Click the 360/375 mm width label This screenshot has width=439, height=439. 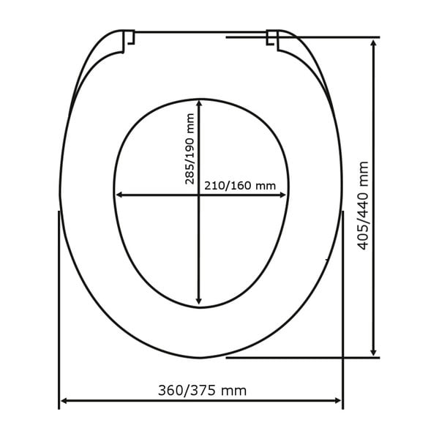(x=202, y=391)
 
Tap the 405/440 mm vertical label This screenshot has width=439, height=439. (x=363, y=206)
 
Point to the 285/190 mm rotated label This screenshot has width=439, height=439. (x=190, y=149)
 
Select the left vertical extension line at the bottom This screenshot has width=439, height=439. (x=59, y=307)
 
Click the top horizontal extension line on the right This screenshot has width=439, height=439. (x=322, y=37)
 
